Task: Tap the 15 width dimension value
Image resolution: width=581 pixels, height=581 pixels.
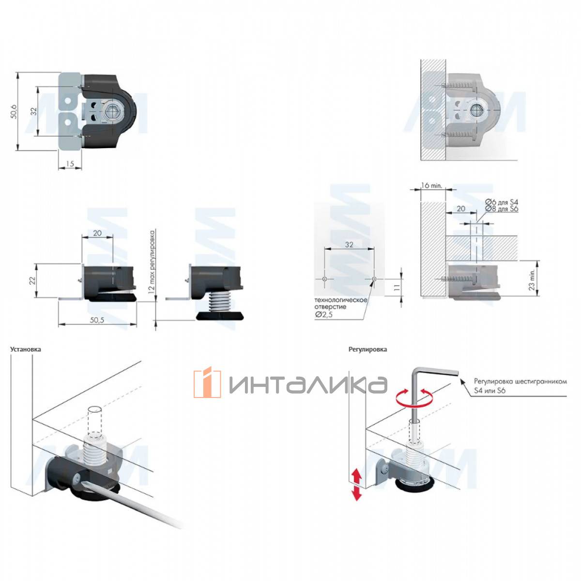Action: click(70, 164)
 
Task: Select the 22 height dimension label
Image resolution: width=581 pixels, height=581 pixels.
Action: click(32, 280)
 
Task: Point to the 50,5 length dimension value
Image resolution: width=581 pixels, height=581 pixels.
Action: click(97, 320)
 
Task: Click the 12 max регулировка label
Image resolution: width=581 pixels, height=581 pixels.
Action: click(152, 262)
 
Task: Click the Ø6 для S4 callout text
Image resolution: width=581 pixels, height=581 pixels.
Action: click(502, 202)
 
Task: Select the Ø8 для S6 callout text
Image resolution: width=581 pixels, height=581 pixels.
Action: click(502, 209)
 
